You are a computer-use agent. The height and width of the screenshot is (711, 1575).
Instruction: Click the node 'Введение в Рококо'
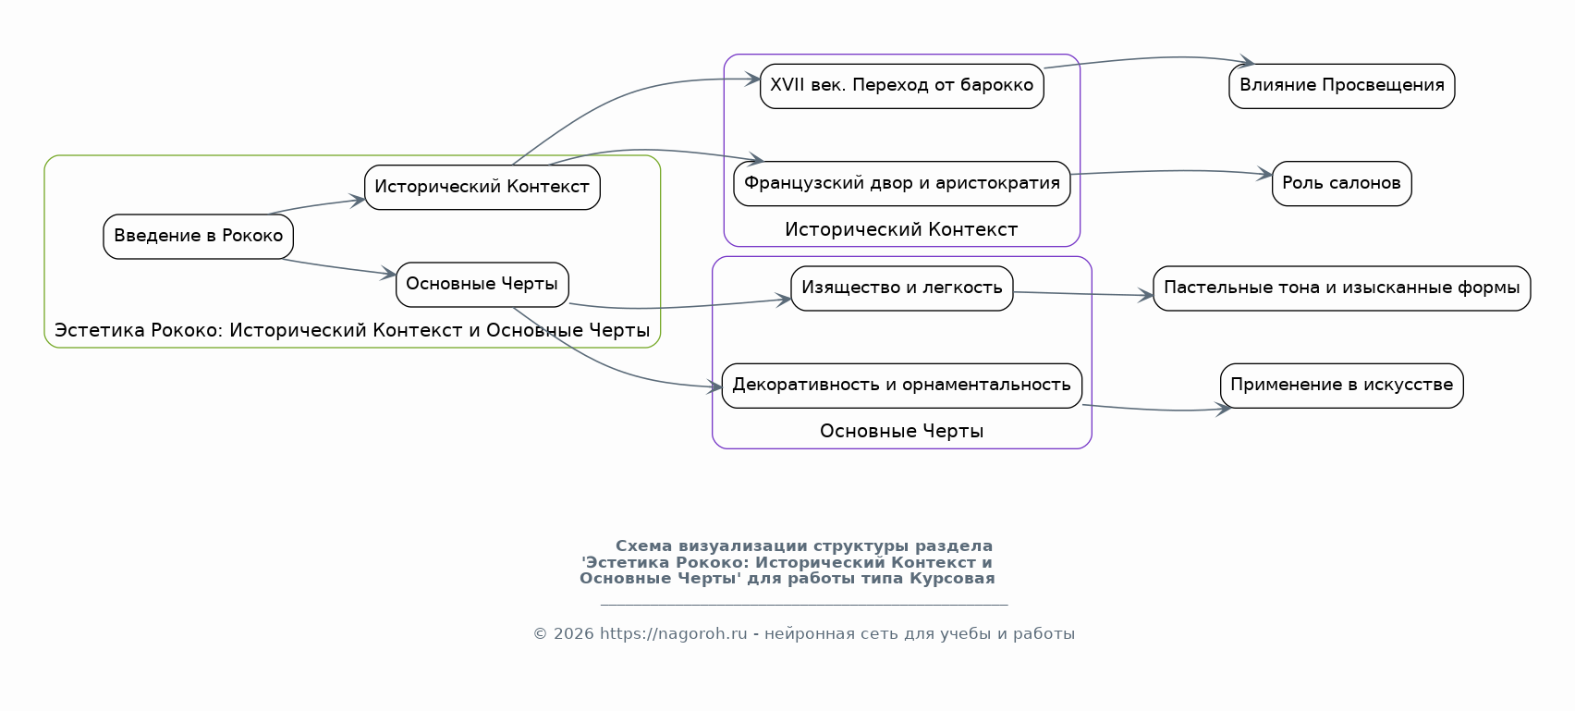[198, 237]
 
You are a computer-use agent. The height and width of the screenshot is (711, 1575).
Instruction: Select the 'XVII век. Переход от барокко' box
[901, 86]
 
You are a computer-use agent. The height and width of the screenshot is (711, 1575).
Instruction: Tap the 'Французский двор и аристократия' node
[901, 184]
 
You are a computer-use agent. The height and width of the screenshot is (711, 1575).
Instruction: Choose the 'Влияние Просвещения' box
[1341, 86]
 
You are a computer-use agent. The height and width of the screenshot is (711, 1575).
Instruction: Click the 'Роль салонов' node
[1341, 184]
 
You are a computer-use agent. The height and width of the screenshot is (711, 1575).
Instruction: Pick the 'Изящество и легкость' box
[901, 288]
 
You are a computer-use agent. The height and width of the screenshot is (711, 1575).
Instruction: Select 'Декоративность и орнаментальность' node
[901, 386]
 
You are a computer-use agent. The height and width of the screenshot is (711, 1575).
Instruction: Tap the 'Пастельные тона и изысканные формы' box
[1341, 288]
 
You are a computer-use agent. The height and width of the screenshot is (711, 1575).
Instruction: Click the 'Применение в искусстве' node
[1341, 386]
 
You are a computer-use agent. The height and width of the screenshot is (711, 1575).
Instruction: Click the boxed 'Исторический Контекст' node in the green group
[482, 188]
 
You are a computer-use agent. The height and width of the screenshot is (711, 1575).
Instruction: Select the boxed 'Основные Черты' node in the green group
[482, 285]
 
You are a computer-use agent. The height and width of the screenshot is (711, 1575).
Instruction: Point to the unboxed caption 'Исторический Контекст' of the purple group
[901, 230]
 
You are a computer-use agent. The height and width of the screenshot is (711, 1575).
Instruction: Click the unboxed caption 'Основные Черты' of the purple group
[901, 432]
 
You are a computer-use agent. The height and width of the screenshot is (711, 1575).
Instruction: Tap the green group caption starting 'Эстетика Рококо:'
[352, 331]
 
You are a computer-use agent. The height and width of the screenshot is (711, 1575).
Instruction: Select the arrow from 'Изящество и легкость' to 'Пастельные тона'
[1082, 294]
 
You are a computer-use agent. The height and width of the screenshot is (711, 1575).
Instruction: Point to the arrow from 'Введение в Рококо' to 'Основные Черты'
[338, 268]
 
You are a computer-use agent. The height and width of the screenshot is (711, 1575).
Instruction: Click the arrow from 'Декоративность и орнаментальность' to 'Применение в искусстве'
[1155, 410]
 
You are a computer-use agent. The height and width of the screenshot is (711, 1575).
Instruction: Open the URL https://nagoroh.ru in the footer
[673, 634]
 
